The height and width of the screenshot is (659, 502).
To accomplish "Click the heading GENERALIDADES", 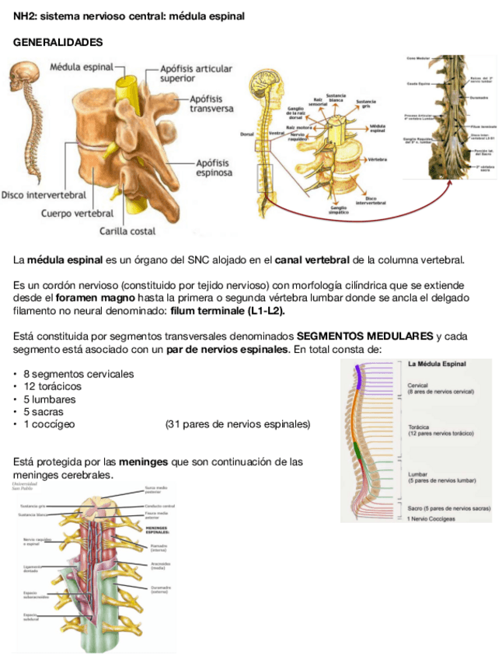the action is [x=58, y=41].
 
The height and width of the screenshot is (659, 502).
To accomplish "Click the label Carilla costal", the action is [x=127, y=231].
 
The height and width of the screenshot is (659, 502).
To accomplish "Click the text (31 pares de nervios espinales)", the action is [x=237, y=424].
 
